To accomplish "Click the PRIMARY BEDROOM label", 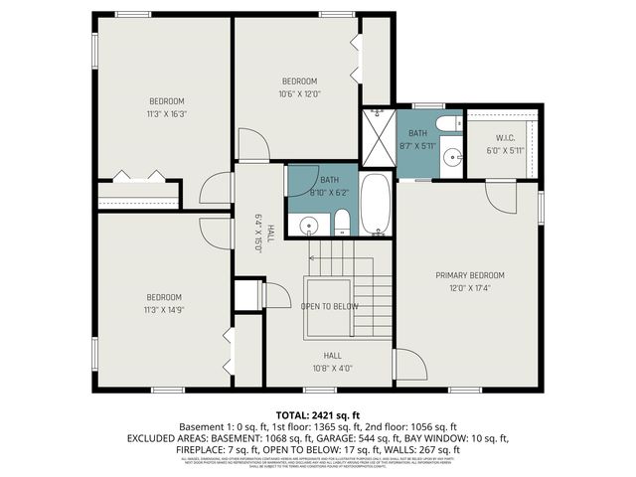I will point(470,275).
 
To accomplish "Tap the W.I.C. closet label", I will point(502,139).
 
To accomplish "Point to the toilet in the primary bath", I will point(449,124).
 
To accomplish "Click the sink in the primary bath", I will point(451,156).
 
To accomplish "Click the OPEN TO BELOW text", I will point(330,306).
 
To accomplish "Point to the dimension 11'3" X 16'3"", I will point(167,113).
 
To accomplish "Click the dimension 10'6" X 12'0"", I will point(298,94).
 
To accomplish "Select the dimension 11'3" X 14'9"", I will point(164,310).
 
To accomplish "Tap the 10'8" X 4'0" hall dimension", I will point(332,368).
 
